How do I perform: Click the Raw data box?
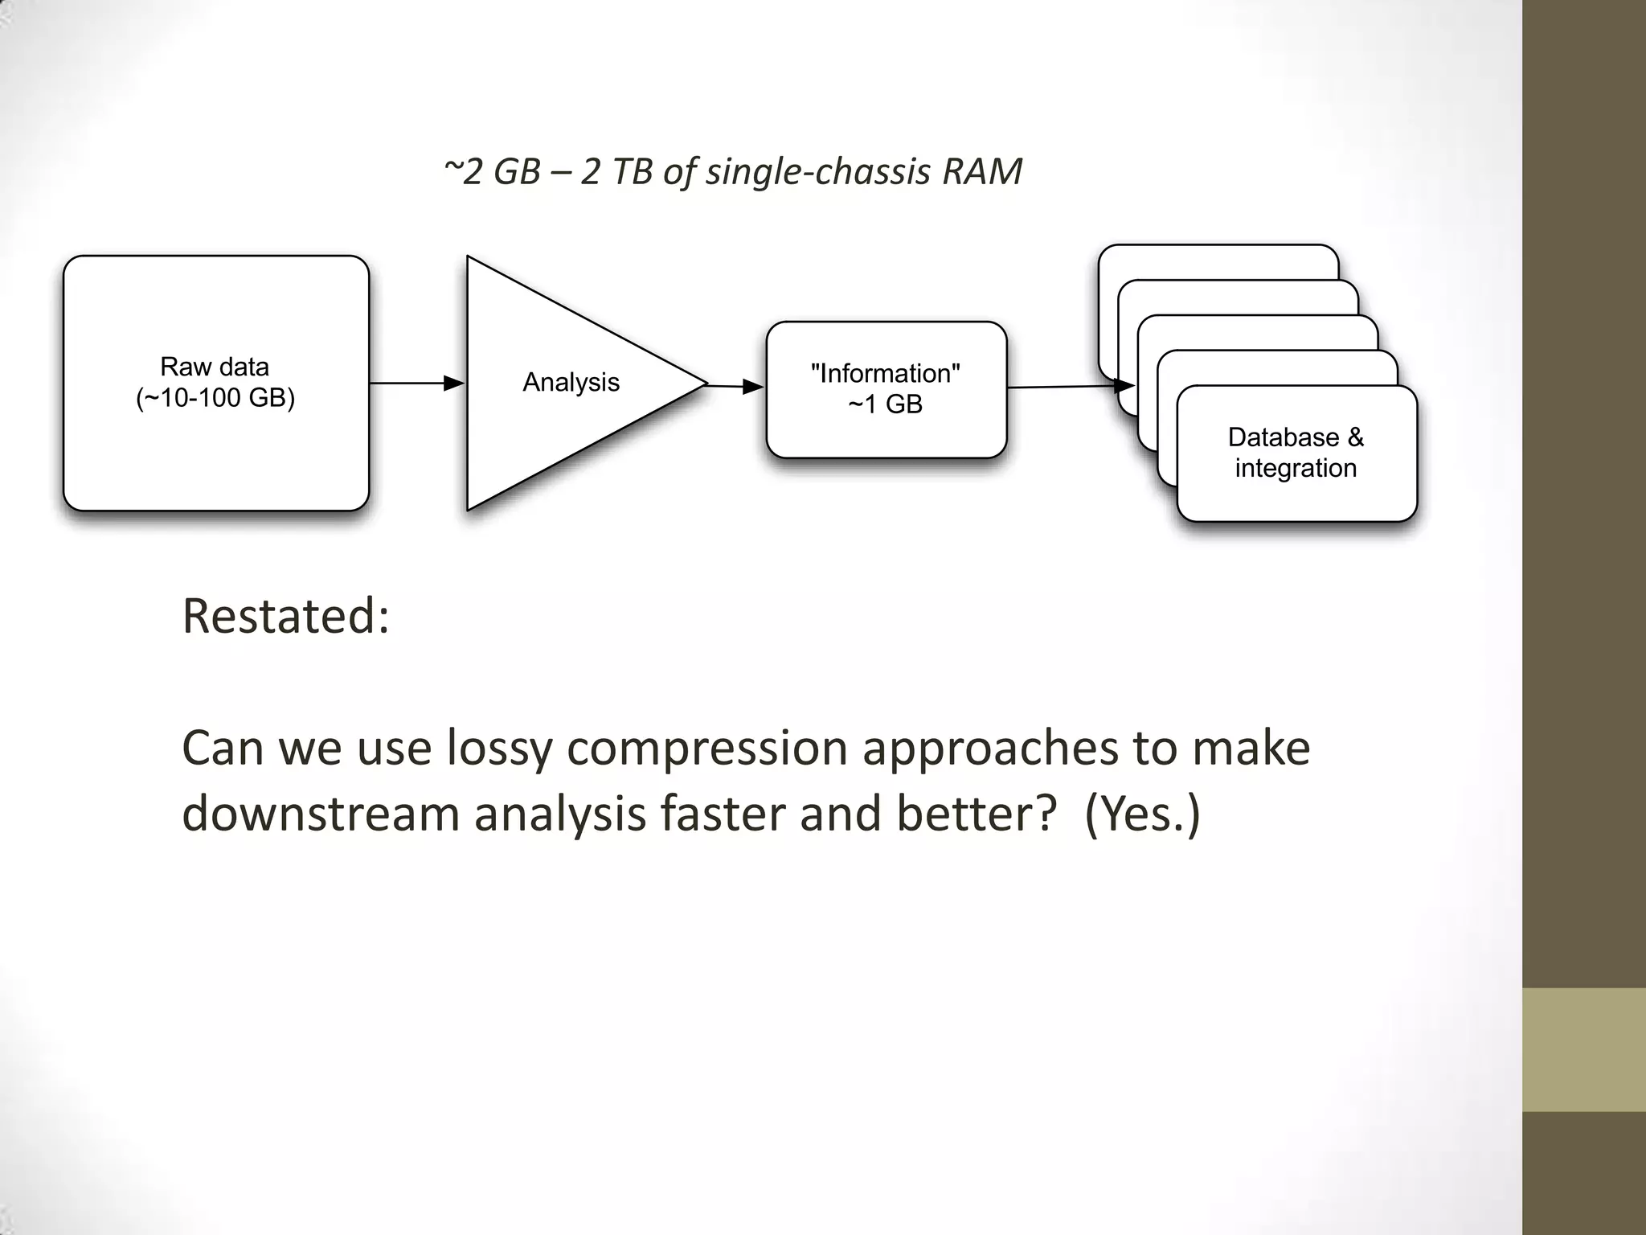[215, 450]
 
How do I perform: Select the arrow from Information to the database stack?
[1069, 387]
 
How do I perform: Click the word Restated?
[285, 616]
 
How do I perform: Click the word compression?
[707, 748]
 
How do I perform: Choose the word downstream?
[321, 813]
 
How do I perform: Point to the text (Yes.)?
[1141, 813]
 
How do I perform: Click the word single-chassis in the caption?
[817, 171]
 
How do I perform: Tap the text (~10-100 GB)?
[215, 398]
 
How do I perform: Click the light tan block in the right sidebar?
[1584, 1049]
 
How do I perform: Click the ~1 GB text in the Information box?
[885, 404]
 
